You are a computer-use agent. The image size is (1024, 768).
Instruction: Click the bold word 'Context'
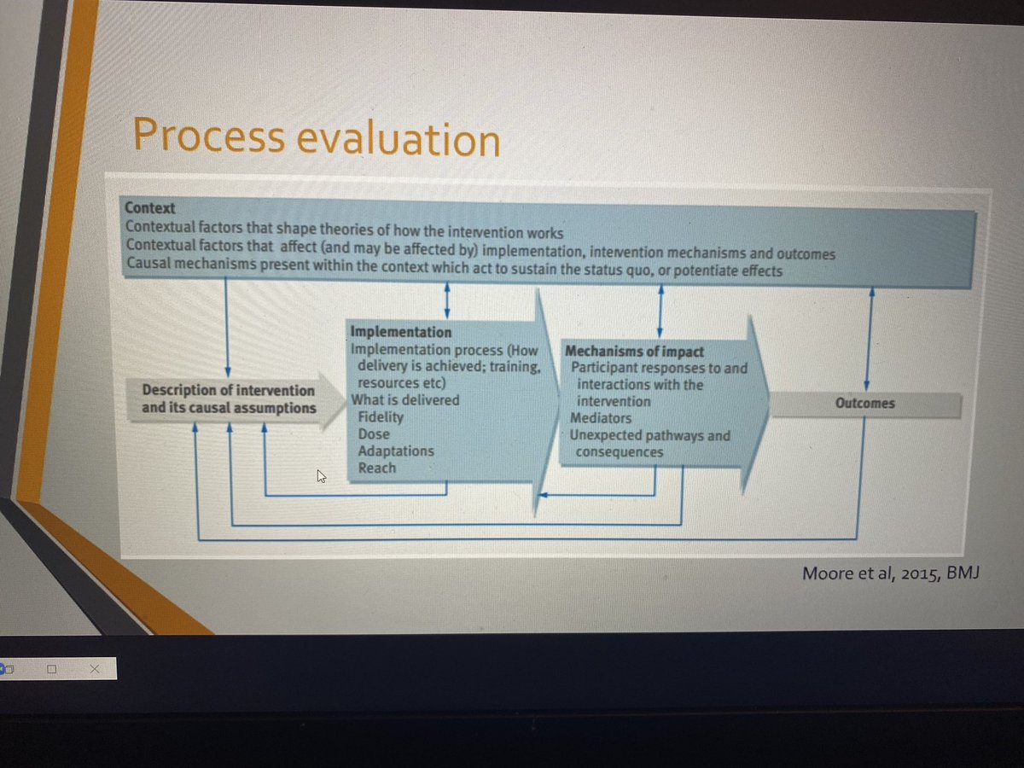pyautogui.click(x=150, y=207)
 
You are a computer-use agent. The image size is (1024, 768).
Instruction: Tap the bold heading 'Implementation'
pyautogui.click(x=401, y=331)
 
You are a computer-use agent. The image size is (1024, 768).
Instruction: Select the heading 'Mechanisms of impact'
pyautogui.click(x=634, y=352)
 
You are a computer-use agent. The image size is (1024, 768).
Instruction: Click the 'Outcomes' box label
pyautogui.click(x=864, y=403)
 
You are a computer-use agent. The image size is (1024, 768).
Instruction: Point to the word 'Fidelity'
pyautogui.click(x=381, y=417)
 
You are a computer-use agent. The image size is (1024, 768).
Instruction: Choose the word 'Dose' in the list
pyautogui.click(x=374, y=433)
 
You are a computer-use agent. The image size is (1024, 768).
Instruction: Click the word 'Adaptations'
pyautogui.click(x=396, y=451)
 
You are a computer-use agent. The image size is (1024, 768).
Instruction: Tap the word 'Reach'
pyautogui.click(x=377, y=468)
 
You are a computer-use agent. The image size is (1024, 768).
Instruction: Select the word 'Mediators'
pyautogui.click(x=601, y=418)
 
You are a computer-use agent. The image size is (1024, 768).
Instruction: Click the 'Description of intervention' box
pyautogui.click(x=228, y=399)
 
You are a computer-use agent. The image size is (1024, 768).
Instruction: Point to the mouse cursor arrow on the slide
pyautogui.click(x=322, y=477)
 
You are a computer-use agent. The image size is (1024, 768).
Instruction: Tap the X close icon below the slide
pyautogui.click(x=94, y=671)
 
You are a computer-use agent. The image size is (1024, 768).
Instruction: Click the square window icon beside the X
pyautogui.click(x=52, y=671)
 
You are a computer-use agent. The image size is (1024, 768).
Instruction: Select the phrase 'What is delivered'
pyautogui.click(x=405, y=400)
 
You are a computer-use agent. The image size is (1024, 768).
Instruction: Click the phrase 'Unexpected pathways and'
pyautogui.click(x=650, y=435)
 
